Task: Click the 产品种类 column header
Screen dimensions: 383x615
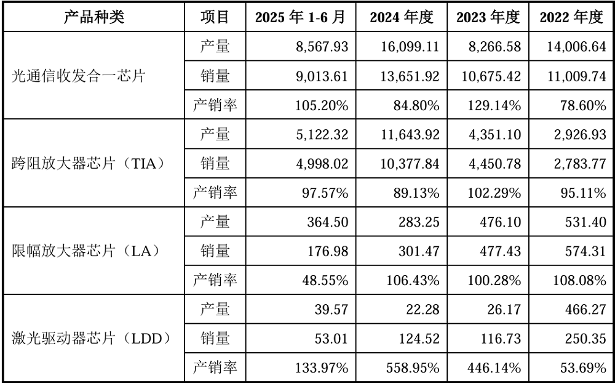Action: pyautogui.click(x=94, y=17)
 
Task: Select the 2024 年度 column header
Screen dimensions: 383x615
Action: pyautogui.click(x=404, y=17)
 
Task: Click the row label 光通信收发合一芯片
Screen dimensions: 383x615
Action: pyautogui.click(x=80, y=76)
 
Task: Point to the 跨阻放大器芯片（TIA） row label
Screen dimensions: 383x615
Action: pyautogui.click(x=89, y=164)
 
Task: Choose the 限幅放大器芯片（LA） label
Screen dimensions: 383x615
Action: pyautogui.click(x=85, y=251)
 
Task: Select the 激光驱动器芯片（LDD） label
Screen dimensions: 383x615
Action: pyautogui.click(x=90, y=338)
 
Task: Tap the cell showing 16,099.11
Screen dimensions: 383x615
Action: pyautogui.click(x=408, y=47)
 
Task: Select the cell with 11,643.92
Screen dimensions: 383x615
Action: pyautogui.click(x=408, y=134)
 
